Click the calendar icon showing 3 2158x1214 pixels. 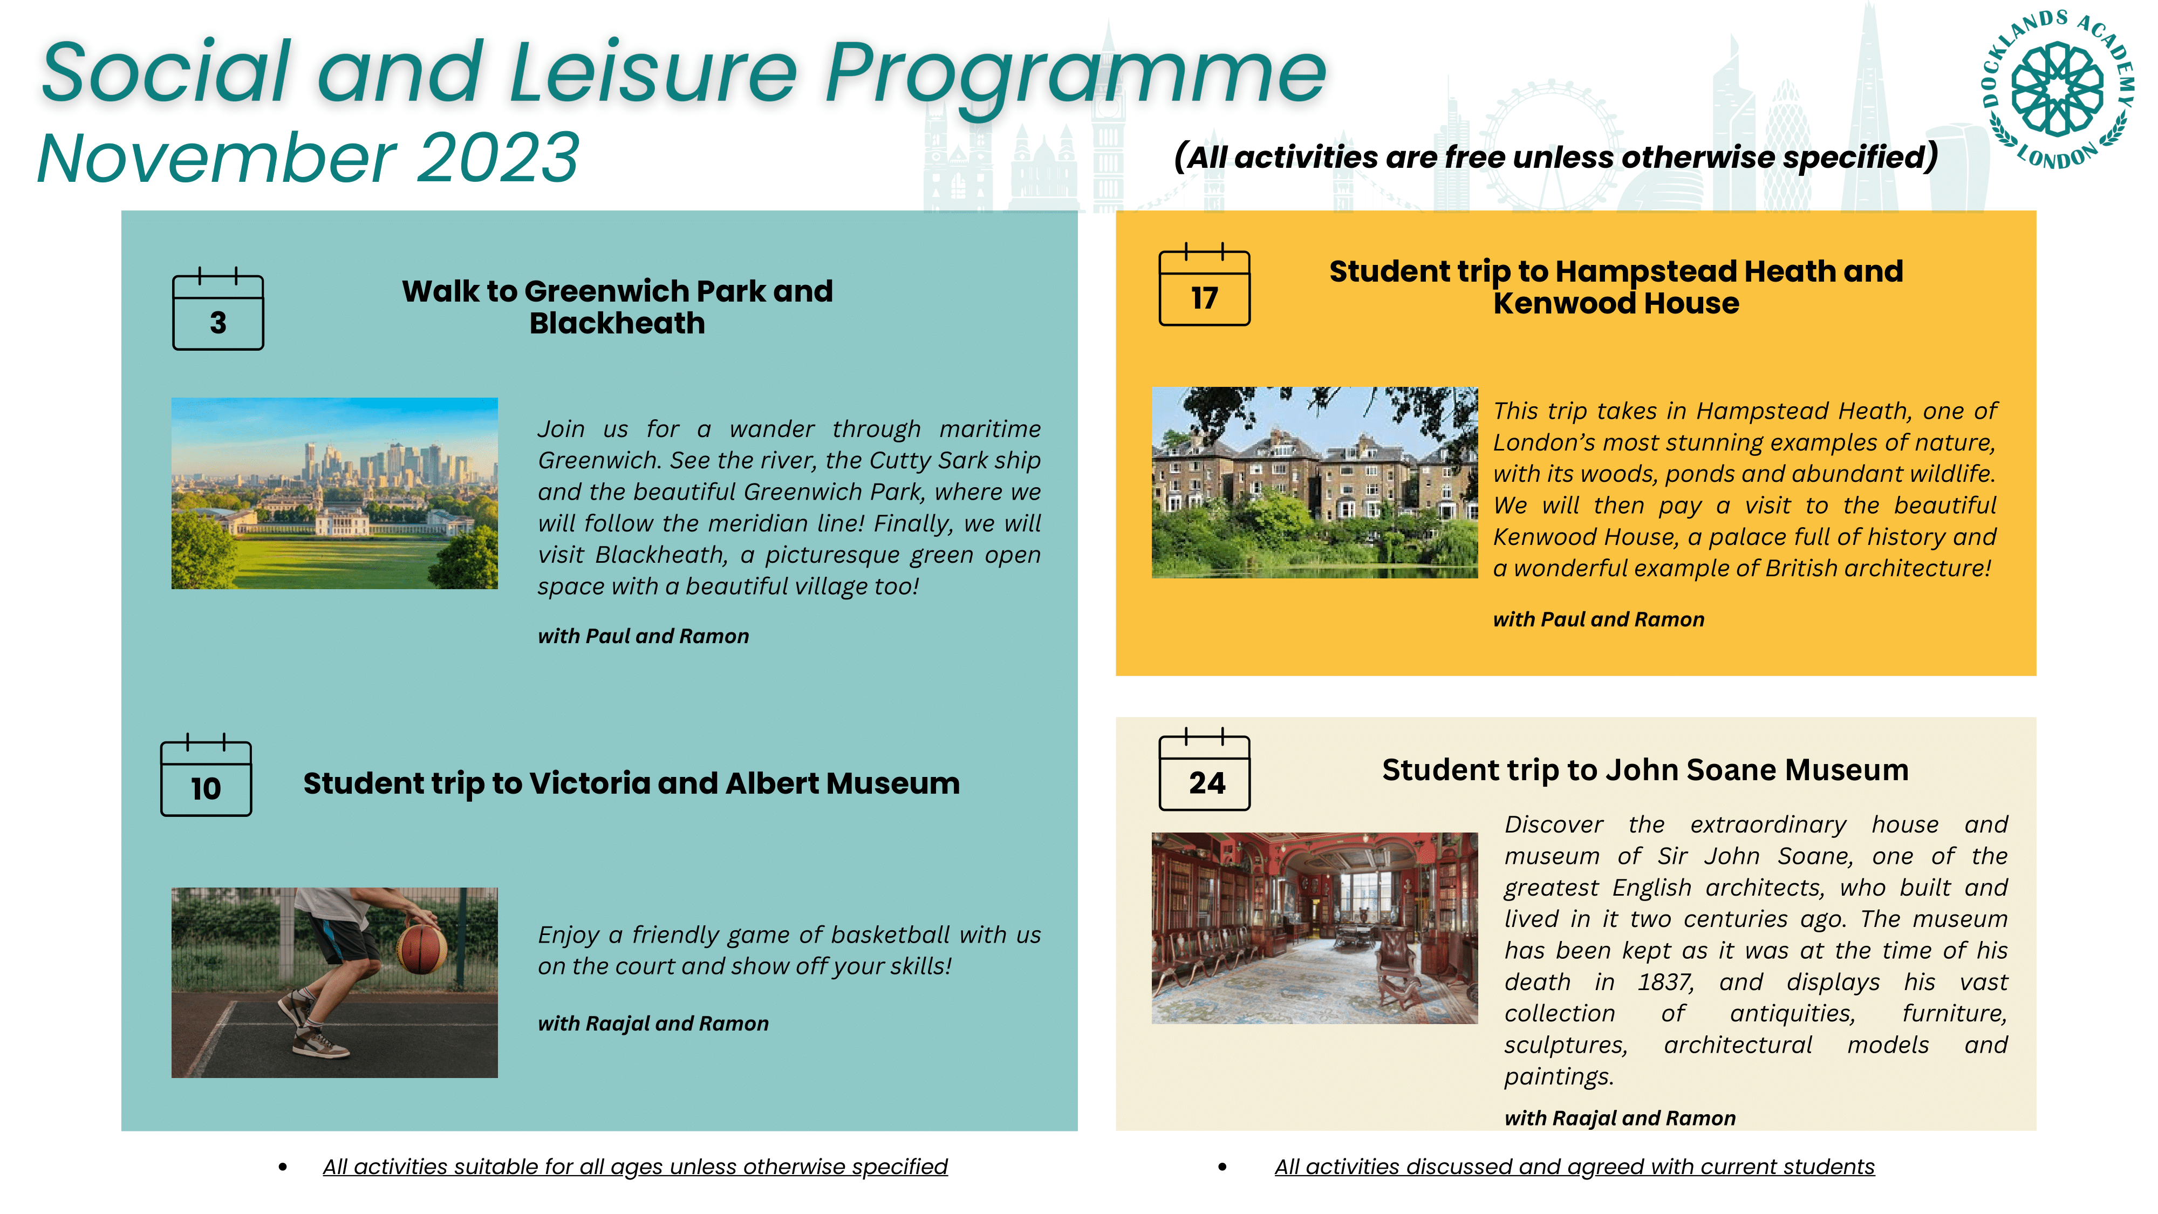(218, 308)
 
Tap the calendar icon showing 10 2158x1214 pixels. (206, 774)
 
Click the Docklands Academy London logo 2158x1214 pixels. (2058, 90)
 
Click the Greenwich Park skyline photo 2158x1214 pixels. (334, 494)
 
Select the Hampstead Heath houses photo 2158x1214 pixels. (1314, 482)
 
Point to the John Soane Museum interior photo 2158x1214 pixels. (1314, 928)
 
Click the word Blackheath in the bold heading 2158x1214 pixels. (617, 323)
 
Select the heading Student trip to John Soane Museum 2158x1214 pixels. (1645, 770)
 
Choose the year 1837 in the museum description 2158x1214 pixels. (1665, 982)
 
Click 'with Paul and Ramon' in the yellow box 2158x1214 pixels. (1599, 619)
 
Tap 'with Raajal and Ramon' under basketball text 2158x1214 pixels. (653, 1024)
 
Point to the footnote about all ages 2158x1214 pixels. (635, 1167)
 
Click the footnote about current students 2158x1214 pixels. (1575, 1167)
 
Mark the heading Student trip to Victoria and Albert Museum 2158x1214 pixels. (632, 783)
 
